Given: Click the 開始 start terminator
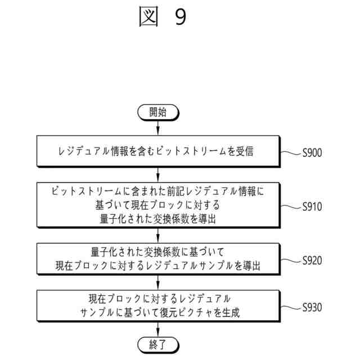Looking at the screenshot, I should click(x=158, y=112).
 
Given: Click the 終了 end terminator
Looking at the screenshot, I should click(x=158, y=344).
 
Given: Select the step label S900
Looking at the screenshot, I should click(x=312, y=152).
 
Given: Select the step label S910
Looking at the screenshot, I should click(x=312, y=206).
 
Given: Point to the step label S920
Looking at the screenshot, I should click(x=312, y=260).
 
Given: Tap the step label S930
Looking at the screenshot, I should click(x=312, y=308).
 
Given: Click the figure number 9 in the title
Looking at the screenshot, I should click(x=179, y=17).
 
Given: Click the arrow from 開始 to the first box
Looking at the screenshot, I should click(x=158, y=128).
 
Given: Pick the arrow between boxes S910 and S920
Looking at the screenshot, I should click(x=158, y=236).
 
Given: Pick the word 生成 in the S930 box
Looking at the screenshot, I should click(x=231, y=313).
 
